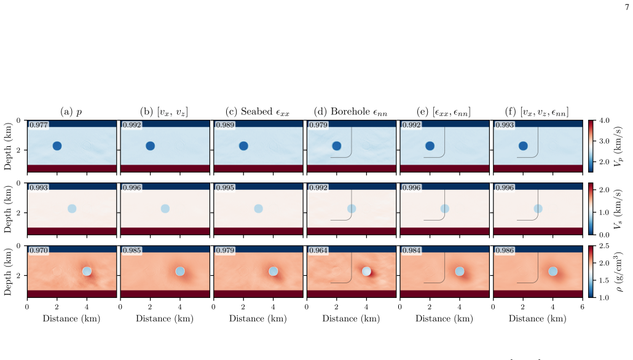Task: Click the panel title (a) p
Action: pos(71,112)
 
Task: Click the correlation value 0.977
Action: pos(39,125)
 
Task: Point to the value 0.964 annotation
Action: pos(318,250)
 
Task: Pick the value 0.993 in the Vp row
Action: pos(505,125)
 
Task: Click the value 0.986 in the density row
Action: pos(505,250)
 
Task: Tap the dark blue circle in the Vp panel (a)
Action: pos(57,146)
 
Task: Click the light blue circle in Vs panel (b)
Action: pos(165,209)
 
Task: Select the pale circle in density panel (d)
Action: pos(366,271)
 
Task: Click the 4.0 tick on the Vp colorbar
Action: pos(604,120)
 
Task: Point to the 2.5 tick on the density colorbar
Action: pos(604,246)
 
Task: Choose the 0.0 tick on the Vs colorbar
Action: pos(604,235)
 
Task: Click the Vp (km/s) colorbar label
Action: pos(618,146)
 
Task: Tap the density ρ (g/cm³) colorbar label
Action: pos(618,272)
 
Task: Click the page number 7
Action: pos(627,7)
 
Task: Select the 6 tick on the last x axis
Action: pos(582,307)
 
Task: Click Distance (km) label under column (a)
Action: pos(71,318)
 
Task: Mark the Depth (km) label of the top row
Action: pos(7,146)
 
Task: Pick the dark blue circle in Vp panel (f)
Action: pos(523,146)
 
